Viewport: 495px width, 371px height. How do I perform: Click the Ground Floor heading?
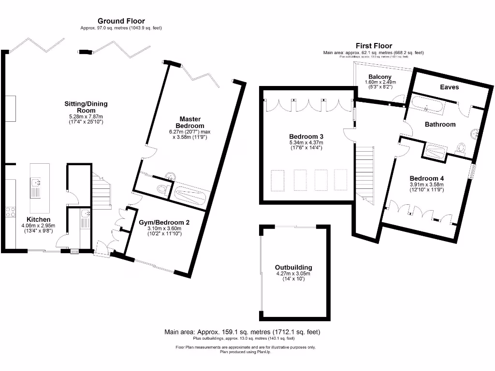click(x=121, y=21)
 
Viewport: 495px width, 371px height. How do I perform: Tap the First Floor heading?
click(x=373, y=46)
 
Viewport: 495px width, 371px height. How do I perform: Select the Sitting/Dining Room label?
click(x=86, y=107)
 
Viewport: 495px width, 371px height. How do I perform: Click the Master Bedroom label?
click(x=190, y=122)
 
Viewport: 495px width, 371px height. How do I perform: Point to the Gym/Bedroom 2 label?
click(x=164, y=222)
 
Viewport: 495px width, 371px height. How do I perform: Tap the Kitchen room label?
click(x=38, y=219)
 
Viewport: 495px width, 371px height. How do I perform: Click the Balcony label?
click(x=380, y=77)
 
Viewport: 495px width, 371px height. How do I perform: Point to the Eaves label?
click(x=449, y=87)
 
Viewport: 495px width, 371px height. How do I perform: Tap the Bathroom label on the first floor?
click(x=440, y=124)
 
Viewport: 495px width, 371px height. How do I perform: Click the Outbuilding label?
click(x=293, y=267)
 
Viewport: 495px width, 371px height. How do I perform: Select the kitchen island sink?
click(x=36, y=183)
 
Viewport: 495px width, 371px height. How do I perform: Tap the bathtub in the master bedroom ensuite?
click(x=191, y=194)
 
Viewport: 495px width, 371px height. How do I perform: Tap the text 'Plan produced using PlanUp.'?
click(x=245, y=352)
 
